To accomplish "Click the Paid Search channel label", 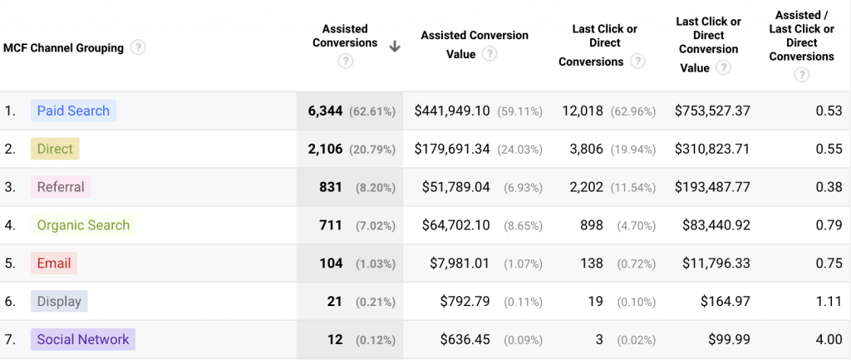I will pos(73,111).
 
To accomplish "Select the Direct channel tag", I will pos(55,149).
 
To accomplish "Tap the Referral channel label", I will pos(61,187).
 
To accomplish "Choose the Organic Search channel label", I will pos(83,225).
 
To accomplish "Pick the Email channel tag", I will pos(54,264).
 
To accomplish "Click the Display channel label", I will pos(59,301).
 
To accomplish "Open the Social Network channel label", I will pos(83,339).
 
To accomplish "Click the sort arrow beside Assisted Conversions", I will pos(395,47).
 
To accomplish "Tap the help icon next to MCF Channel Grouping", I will pos(138,47).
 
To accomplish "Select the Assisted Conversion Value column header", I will pos(474,44).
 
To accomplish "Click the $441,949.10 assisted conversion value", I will pos(452,111).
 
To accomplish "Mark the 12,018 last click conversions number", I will pos(583,111).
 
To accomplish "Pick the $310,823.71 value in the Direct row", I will pos(712,149).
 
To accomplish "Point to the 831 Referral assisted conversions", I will pos(331,187).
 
